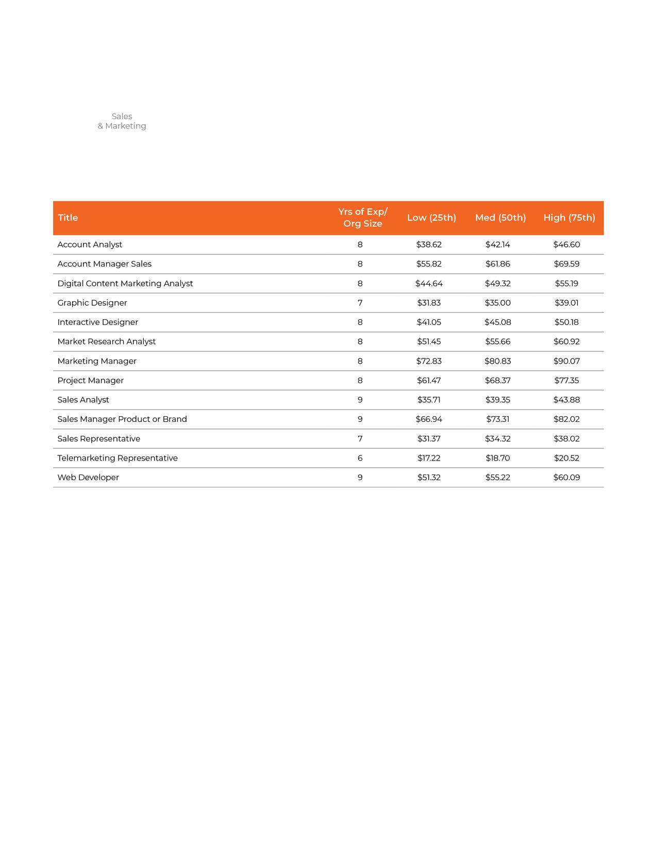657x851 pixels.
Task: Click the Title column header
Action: pos(68,218)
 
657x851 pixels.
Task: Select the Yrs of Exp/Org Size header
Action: pos(363,218)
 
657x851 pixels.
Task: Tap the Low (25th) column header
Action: pos(431,218)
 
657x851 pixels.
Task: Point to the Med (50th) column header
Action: pos(500,218)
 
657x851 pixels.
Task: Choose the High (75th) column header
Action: pos(569,218)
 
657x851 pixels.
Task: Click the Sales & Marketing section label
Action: pos(122,121)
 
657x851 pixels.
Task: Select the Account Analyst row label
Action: pos(90,244)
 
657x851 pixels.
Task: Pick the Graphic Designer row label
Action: pos(92,303)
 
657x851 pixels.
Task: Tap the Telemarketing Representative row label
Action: pos(117,458)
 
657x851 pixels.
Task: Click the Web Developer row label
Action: pos(88,478)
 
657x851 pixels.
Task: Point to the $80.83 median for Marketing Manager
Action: pos(498,361)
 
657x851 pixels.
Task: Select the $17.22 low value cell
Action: pos(429,458)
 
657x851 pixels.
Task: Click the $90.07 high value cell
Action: pos(566,361)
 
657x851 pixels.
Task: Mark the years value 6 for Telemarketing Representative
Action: pos(360,458)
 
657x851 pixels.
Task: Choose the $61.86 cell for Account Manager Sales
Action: pos(498,264)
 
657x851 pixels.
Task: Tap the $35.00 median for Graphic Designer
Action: pos(498,303)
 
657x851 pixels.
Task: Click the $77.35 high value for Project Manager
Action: pos(566,381)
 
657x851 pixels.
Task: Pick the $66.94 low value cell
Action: pos(429,419)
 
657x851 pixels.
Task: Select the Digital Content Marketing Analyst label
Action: pos(125,284)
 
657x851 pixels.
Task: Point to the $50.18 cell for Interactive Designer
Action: pos(566,322)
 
